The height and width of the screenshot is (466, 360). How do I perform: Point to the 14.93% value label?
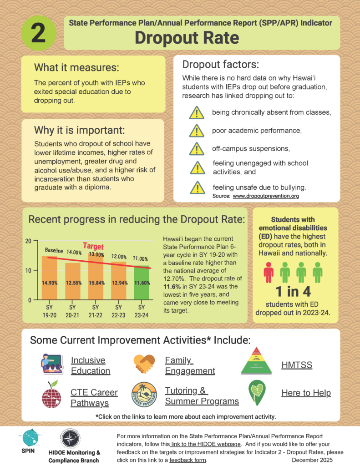(x=50, y=283)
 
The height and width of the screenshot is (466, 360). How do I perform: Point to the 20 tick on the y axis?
(x=28, y=241)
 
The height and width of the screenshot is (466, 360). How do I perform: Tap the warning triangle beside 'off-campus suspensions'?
(x=197, y=149)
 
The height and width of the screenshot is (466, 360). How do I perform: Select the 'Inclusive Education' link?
(x=90, y=365)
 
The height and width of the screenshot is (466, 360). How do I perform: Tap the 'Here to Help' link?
(x=306, y=393)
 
